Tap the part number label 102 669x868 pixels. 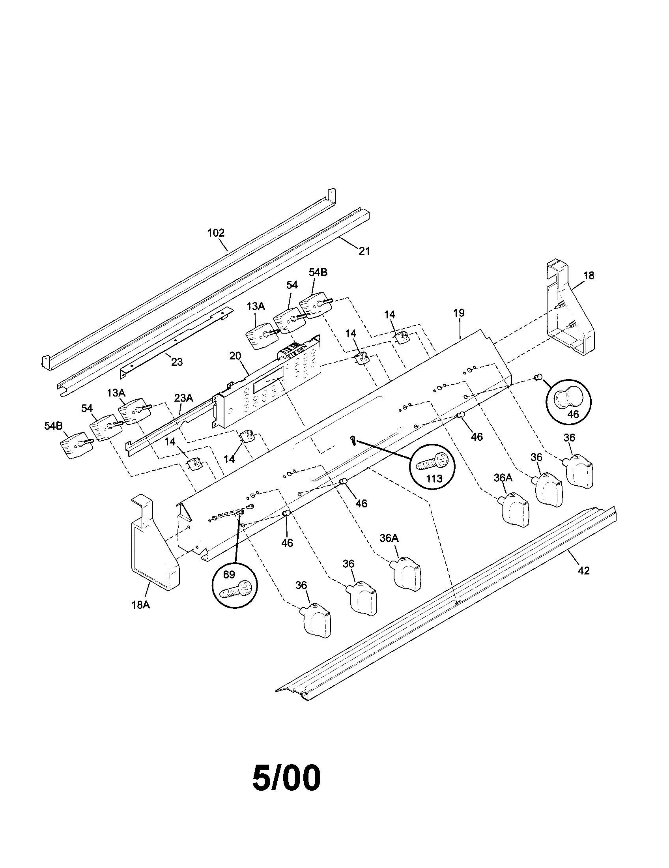tap(216, 233)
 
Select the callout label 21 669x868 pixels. tap(364, 251)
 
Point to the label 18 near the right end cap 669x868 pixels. tap(589, 275)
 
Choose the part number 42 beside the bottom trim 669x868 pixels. tap(583, 571)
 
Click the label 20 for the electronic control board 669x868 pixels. tap(235, 356)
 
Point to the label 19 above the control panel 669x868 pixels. tap(459, 313)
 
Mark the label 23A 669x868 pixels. tap(183, 397)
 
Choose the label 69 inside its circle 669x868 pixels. tap(229, 574)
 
